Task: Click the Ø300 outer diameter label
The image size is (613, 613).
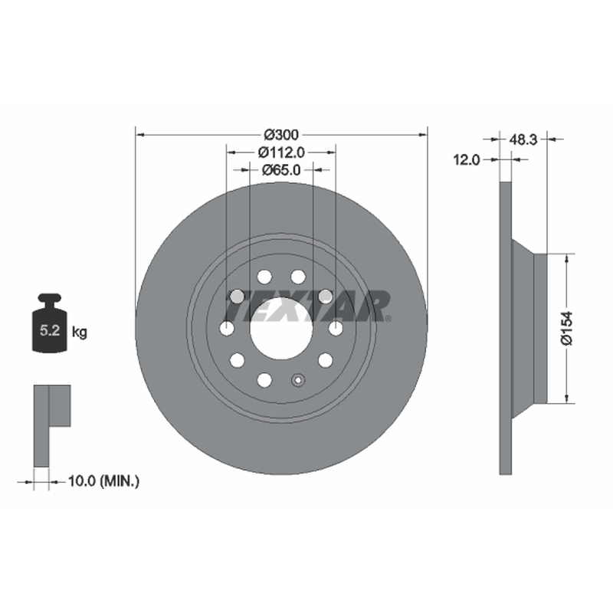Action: coord(281,135)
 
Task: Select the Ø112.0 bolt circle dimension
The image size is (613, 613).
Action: coord(281,152)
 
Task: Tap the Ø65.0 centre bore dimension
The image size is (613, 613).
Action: coord(281,170)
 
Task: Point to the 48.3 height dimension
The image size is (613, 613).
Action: coord(523,139)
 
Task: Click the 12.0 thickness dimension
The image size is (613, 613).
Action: coord(466,159)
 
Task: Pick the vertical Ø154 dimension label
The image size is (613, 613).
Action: coord(566,328)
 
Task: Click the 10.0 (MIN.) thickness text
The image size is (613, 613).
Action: coord(103,481)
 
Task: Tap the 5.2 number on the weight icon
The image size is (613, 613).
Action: coord(50,331)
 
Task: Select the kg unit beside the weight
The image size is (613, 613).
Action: coord(80,333)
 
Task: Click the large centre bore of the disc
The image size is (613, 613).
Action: coord(281,329)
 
